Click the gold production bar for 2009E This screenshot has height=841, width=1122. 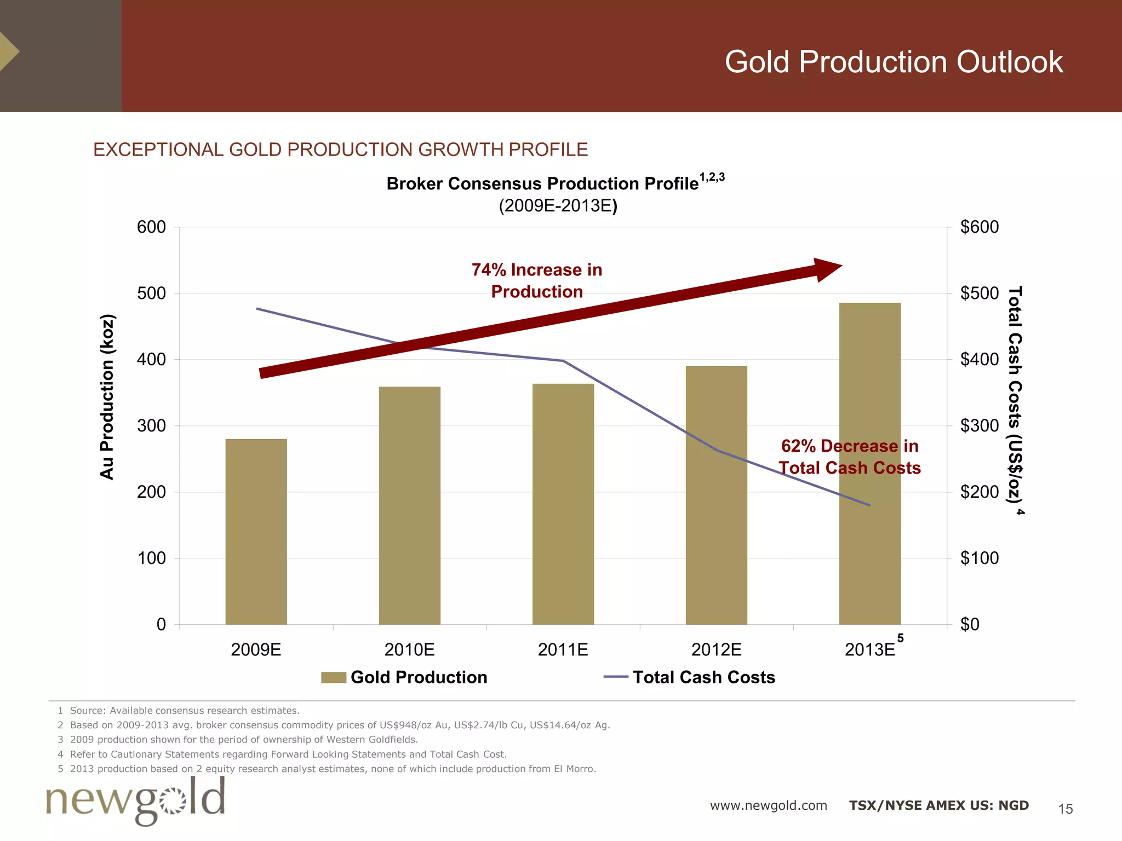256,531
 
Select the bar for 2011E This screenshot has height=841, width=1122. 563,504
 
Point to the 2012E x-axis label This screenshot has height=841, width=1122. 716,650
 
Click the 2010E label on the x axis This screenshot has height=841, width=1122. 409,650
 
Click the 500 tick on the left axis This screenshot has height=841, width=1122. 151,293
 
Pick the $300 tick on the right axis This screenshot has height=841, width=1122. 979,425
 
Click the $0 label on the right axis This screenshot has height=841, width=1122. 970,624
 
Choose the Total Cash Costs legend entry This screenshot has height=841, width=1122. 690,677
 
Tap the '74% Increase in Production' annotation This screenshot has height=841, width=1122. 537,280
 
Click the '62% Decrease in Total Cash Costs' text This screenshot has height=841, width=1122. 849,457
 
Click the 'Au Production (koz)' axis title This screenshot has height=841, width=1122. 107,397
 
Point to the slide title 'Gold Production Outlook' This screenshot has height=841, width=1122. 894,61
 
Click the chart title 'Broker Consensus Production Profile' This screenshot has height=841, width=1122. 542,183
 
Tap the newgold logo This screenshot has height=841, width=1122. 135,800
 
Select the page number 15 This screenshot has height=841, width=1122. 1065,809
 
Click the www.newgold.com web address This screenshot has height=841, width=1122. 768,805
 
